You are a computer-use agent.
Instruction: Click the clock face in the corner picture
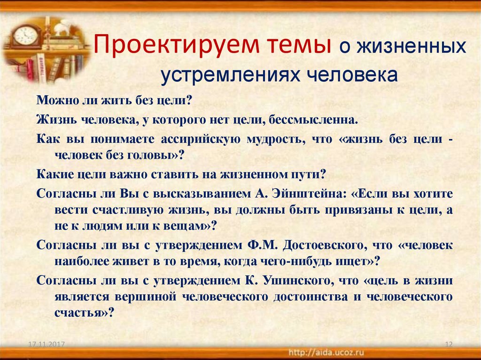tap(26, 36)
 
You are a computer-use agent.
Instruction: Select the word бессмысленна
tap(313, 120)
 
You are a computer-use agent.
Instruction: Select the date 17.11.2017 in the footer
tap(47, 344)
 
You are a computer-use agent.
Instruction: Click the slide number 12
tap(449, 344)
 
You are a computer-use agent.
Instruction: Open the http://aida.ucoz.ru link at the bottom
tap(326, 352)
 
